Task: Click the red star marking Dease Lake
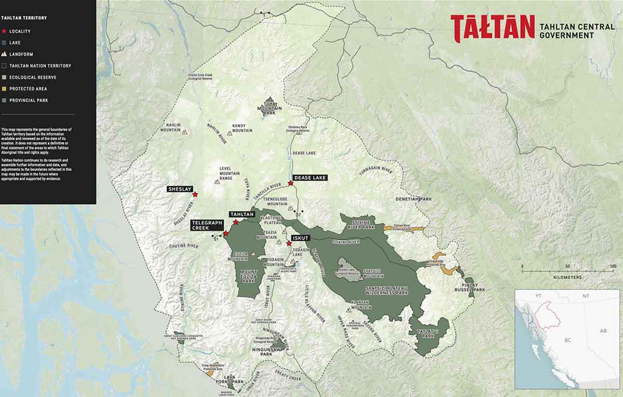(291, 183)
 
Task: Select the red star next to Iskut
(289, 243)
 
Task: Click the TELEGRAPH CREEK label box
(207, 225)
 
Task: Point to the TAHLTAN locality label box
(241, 214)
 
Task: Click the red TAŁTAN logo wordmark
(492, 28)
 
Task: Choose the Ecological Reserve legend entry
(33, 77)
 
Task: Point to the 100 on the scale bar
(613, 266)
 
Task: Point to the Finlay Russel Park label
(469, 287)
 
